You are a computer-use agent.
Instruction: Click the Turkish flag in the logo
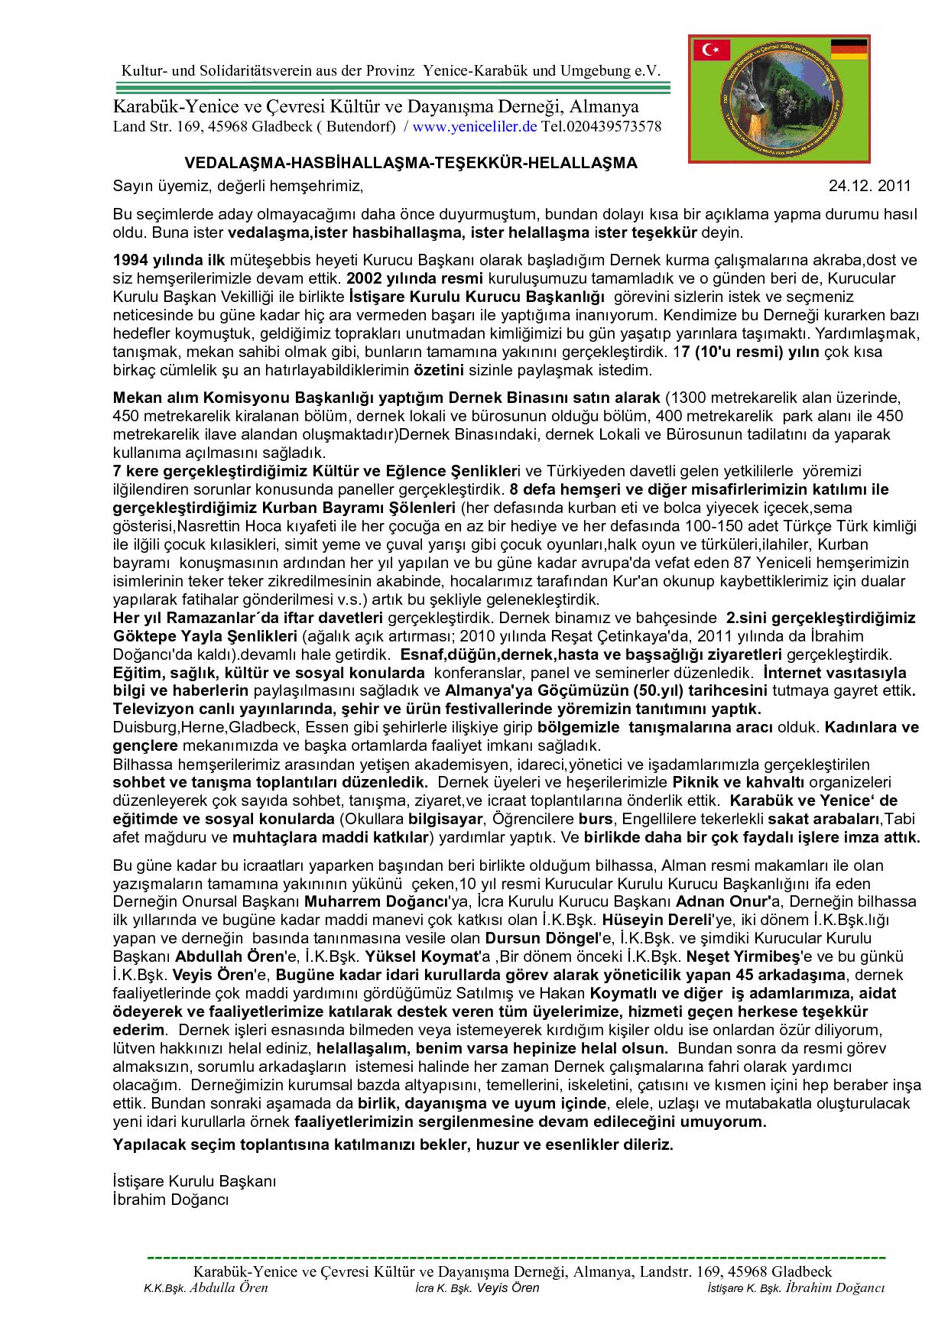pos(711,51)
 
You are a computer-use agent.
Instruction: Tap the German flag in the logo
pos(849,50)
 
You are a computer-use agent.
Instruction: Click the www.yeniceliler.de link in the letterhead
pos(475,126)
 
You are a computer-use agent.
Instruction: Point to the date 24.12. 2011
pos(870,186)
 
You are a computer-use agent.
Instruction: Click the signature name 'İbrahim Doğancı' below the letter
pos(170,1200)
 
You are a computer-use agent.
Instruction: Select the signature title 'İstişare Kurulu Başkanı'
pos(194,1181)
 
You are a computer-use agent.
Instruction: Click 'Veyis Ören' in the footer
pos(507,1288)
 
